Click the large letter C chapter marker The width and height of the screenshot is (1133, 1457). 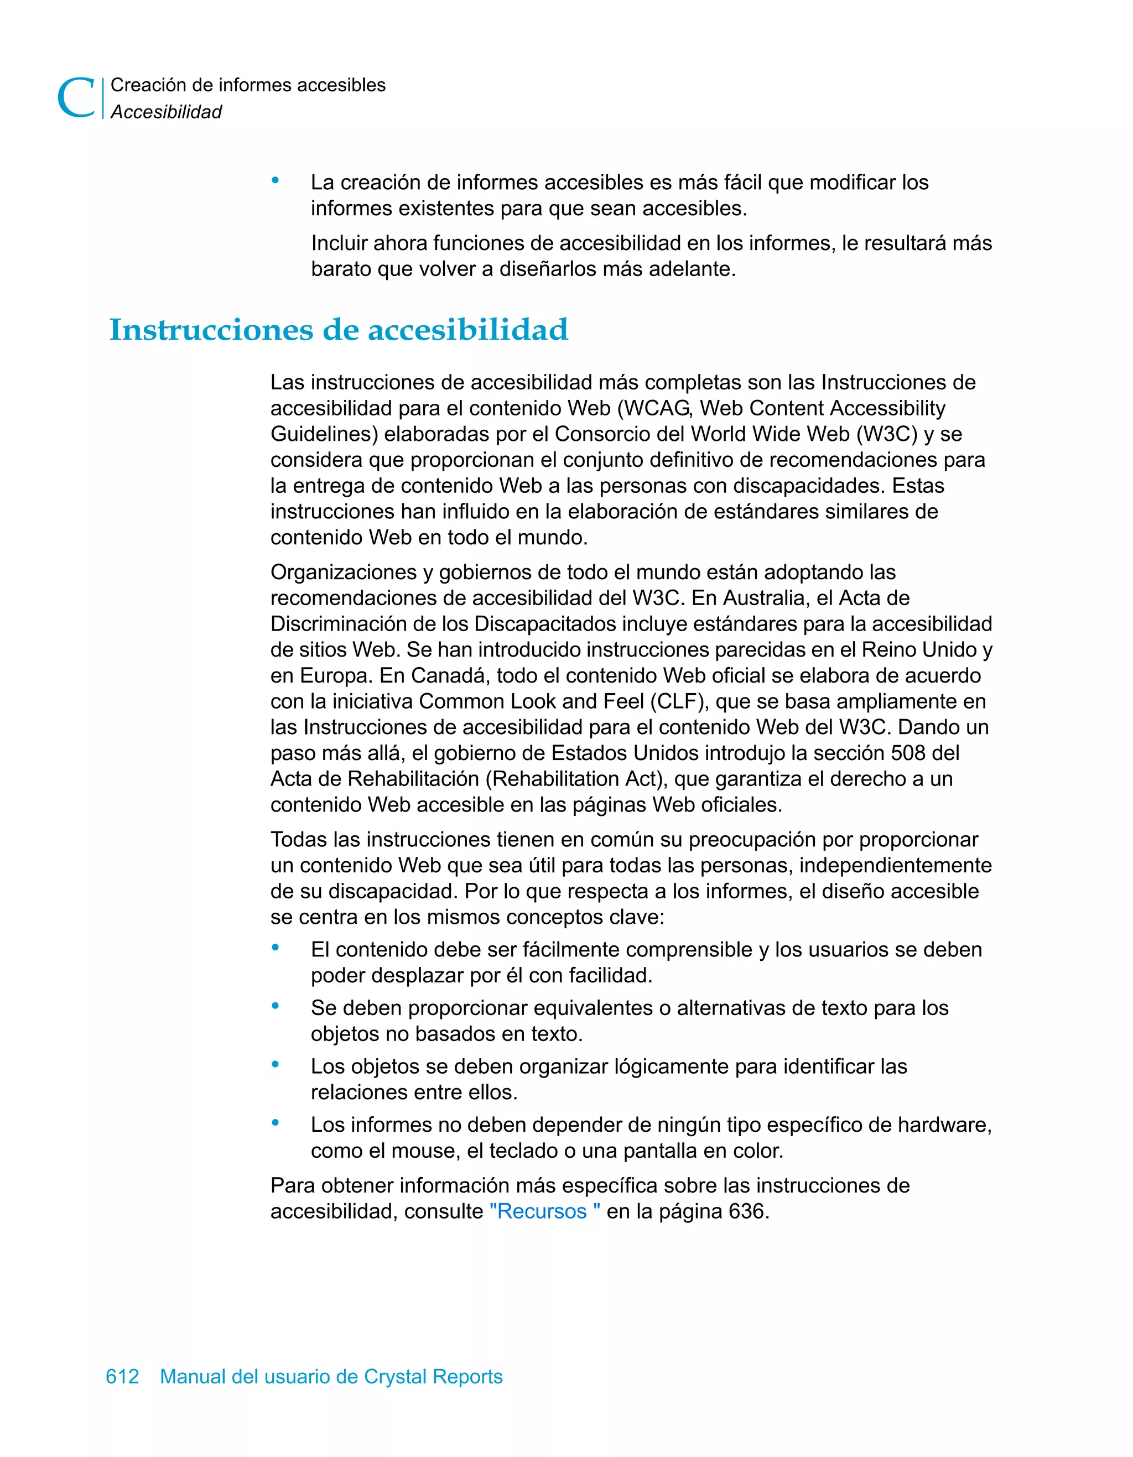(76, 98)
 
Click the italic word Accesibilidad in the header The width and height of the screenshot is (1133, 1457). (166, 112)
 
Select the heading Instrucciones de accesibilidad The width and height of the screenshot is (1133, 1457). (339, 330)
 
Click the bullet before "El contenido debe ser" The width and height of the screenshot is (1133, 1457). (275, 948)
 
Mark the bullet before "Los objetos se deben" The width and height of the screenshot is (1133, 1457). (275, 1064)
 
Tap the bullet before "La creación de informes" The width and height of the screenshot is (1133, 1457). (275, 180)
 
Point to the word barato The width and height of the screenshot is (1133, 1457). (342, 269)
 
